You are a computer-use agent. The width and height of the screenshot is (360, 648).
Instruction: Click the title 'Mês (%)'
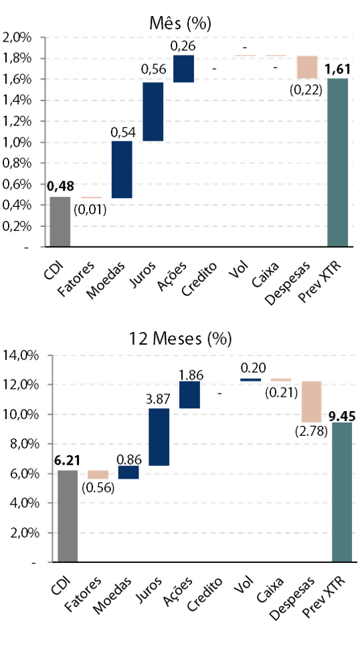[x=180, y=24]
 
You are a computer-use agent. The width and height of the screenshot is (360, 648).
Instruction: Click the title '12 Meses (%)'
[x=180, y=339]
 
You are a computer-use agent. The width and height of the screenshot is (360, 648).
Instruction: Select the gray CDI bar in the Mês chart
[x=60, y=222]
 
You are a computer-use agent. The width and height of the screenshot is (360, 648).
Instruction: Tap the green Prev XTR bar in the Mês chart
[x=338, y=163]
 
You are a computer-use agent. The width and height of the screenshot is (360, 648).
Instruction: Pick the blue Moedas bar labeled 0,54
[x=122, y=169]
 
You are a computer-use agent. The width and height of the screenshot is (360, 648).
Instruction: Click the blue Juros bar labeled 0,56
[x=153, y=112]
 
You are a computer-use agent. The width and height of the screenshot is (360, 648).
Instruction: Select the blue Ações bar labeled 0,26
[x=183, y=68]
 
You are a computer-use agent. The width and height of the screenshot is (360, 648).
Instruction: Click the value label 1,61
[x=338, y=70]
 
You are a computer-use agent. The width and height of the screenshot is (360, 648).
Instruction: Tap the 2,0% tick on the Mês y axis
[x=17, y=37]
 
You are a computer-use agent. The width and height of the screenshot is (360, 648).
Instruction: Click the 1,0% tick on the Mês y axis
[x=17, y=143]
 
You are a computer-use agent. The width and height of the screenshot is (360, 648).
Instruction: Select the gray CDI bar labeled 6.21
[x=68, y=516]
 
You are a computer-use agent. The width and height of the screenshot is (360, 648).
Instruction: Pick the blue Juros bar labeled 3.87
[x=159, y=437]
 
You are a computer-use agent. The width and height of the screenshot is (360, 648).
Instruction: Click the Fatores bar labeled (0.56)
[x=98, y=475]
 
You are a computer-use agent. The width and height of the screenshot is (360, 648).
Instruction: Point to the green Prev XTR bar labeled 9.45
[x=342, y=492]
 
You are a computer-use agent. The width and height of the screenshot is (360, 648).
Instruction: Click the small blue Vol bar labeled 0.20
[x=250, y=380]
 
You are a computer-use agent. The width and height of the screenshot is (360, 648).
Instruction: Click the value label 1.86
[x=190, y=374]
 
